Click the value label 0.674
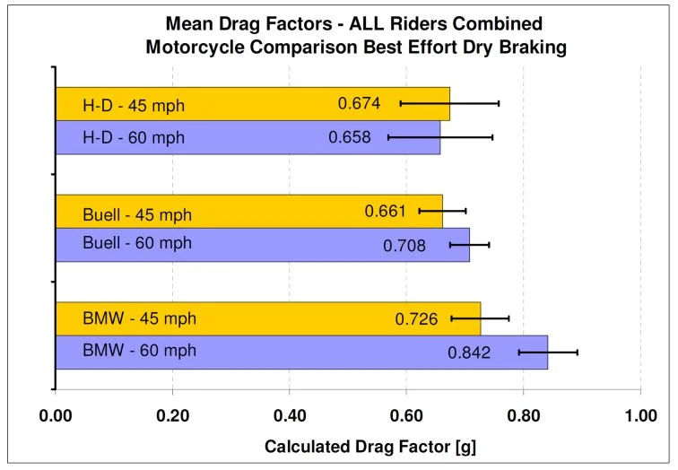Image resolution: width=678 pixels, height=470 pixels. tap(359, 104)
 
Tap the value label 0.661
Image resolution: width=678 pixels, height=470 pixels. tap(386, 212)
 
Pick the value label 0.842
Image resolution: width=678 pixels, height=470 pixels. tap(469, 352)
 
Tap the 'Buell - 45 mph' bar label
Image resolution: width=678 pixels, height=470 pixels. tap(137, 213)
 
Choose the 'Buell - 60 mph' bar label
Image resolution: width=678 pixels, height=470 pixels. tap(137, 243)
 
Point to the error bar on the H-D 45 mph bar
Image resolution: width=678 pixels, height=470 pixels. tap(449, 103)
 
